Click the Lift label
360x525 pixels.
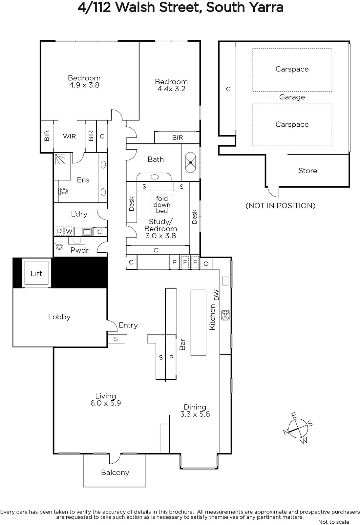pos(36,273)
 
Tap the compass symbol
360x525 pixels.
pos(298,428)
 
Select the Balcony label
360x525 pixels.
pos(115,472)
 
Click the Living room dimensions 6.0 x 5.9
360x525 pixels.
pos(105,403)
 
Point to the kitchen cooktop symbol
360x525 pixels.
pos(225,315)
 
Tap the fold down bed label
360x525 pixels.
pos(162,205)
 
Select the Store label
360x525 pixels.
pos(308,171)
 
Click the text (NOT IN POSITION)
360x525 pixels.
pos(281,205)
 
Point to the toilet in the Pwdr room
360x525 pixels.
pos(59,246)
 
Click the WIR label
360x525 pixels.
pos(69,136)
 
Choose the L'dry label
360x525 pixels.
pos(79,214)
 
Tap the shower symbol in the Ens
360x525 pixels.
pos(60,159)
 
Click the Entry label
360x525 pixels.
pos(128,325)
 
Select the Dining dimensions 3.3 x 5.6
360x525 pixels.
pos(195,414)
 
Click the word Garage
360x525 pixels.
pos(292,97)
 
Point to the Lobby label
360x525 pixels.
pos(59,317)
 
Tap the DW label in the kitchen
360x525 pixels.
pos(216,295)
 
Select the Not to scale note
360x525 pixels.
pos(334,522)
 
